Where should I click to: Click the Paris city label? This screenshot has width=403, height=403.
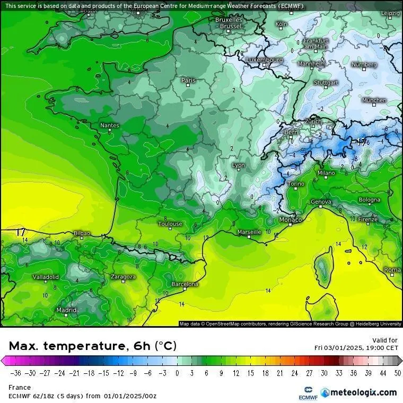click(188, 81)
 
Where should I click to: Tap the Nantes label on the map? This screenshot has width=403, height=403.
click(110, 126)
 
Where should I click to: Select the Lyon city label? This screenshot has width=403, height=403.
click(239, 165)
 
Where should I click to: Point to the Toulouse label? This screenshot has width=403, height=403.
click(170, 224)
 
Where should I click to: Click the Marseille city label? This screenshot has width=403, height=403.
click(249, 232)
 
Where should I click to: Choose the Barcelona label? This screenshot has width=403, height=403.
click(185, 284)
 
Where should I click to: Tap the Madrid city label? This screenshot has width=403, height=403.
click(66, 310)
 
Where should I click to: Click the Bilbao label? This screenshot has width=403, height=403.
click(82, 233)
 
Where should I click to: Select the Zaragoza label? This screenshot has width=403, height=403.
click(123, 277)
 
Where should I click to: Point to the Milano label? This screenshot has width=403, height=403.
click(326, 173)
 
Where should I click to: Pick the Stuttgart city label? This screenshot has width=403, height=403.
click(326, 83)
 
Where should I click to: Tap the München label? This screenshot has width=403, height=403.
click(374, 100)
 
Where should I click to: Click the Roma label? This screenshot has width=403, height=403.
click(392, 270)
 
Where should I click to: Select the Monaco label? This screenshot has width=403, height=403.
click(290, 220)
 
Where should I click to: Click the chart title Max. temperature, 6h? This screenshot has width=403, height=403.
click(93, 346)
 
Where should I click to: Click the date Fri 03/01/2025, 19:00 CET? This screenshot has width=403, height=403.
click(356, 347)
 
